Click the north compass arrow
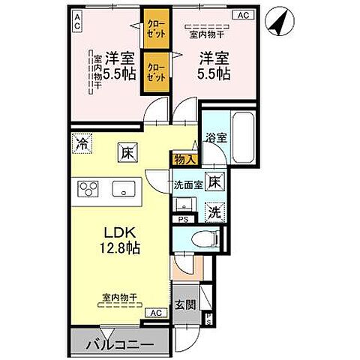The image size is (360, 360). [x=278, y=22]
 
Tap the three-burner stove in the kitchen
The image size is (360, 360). [x=88, y=188]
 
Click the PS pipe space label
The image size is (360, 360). [x=183, y=219]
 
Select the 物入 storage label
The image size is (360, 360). [x=184, y=158]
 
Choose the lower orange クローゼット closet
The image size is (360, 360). [x=156, y=71]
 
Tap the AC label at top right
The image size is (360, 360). [x=243, y=14]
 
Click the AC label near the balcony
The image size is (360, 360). [x=154, y=313]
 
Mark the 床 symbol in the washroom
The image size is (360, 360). [x=214, y=181]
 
